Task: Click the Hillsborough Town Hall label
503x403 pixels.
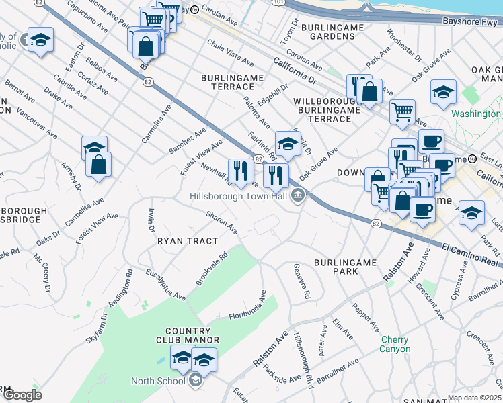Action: coord(239,195)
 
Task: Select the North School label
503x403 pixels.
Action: coord(158,381)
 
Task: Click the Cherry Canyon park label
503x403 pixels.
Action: coord(394,345)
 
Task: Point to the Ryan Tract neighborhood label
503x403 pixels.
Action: coord(188,240)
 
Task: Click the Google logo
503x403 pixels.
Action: coord(22,395)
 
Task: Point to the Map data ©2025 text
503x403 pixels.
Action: coord(474,398)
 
